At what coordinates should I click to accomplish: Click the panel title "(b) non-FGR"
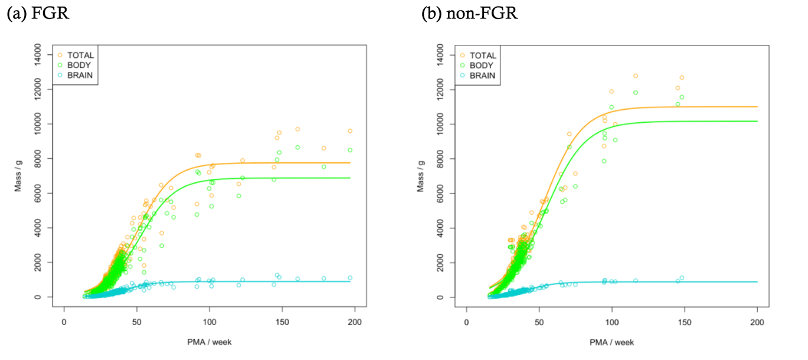(x=469, y=13)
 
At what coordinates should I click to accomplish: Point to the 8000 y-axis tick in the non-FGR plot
(x=447, y=159)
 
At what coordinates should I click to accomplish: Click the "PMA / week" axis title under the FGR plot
(x=209, y=342)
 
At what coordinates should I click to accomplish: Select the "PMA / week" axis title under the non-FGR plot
(x=611, y=342)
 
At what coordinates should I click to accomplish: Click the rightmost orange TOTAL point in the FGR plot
(x=350, y=131)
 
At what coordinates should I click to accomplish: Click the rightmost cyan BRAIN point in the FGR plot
(x=350, y=278)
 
